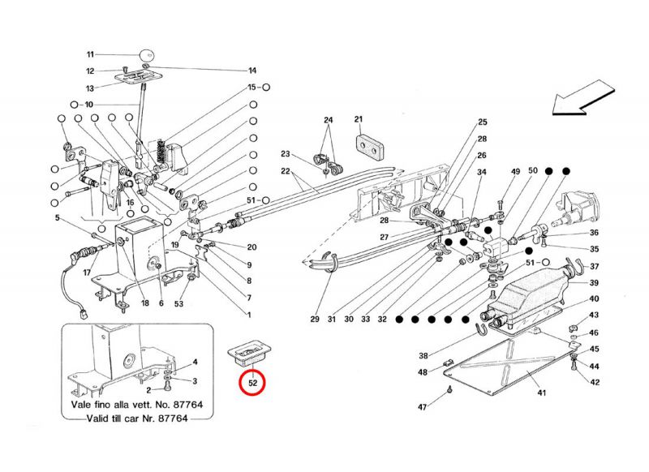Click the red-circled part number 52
click(253, 380)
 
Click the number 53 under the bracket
click(179, 303)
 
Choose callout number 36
click(595, 233)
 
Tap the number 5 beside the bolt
click(58, 217)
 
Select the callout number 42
click(595, 382)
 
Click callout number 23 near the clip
click(286, 154)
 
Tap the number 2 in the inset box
click(148, 390)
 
